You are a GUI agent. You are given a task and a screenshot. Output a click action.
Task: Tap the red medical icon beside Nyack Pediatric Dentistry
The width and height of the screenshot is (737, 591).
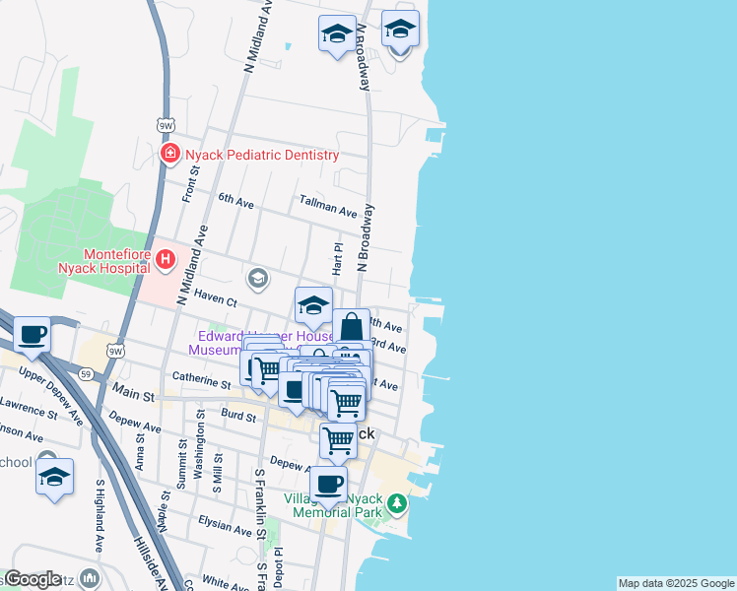coord(170,155)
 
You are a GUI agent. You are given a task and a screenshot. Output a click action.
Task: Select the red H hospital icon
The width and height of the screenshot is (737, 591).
coord(166,260)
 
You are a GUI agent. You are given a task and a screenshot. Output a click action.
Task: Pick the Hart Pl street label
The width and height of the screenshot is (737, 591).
coord(337,259)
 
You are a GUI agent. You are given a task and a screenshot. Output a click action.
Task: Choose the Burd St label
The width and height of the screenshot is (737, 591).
coord(238,415)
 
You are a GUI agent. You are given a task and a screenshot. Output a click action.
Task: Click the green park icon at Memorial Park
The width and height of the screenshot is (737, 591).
coord(396,504)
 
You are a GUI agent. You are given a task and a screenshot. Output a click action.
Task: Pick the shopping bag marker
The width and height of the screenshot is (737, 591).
coord(351,326)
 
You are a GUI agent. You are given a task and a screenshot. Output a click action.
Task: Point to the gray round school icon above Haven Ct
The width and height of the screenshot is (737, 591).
coord(258,279)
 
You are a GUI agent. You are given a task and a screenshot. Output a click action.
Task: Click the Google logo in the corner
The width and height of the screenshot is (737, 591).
coord(33,579)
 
